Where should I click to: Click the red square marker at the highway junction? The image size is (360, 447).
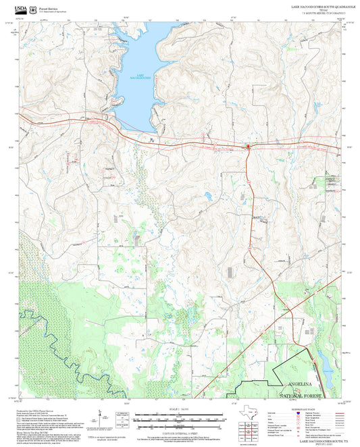248,145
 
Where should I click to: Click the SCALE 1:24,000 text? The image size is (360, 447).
180,409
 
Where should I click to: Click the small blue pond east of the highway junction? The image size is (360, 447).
207,197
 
